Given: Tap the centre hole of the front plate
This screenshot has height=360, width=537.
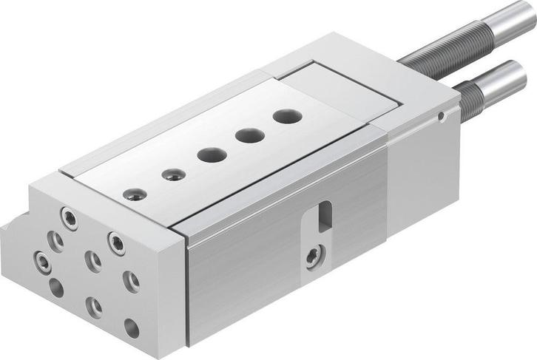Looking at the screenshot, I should (93, 259).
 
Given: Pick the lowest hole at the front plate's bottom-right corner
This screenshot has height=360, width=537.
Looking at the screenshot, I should (131, 328).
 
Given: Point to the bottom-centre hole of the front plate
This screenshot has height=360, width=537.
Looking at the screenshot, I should (94, 306).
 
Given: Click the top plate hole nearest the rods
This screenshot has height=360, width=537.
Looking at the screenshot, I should (283, 116).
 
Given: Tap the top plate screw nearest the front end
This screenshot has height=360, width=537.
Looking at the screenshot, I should (134, 194).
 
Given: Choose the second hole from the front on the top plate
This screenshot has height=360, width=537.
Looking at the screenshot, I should (174, 174).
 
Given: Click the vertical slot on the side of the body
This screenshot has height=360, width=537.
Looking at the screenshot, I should (324, 215).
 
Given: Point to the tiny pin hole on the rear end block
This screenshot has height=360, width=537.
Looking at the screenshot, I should (441, 116).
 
